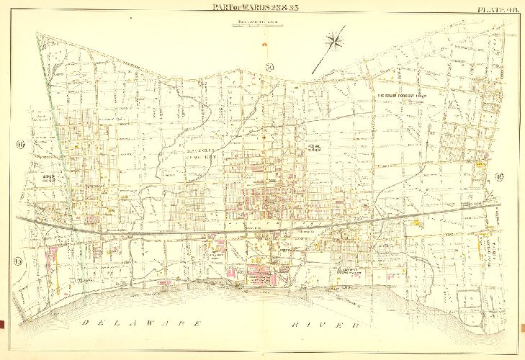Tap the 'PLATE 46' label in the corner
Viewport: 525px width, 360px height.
(496, 8)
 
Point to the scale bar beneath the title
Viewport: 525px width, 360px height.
(256, 24)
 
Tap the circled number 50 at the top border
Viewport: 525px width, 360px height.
(269, 68)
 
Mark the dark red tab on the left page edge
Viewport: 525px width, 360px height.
(3, 322)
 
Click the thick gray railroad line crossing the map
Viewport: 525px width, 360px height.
(216, 233)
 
